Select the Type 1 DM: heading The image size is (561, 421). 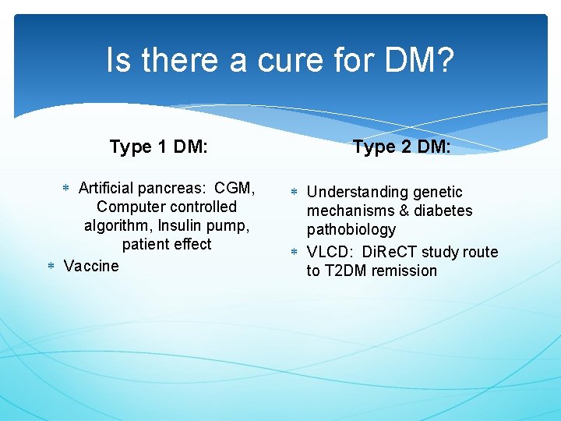click(x=158, y=147)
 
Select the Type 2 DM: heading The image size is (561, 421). click(x=401, y=147)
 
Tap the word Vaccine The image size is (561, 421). click(x=91, y=266)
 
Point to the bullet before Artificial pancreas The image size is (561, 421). click(x=66, y=189)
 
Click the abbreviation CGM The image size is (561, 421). click(x=234, y=188)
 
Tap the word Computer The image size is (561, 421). click(x=128, y=207)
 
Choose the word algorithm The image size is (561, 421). click(x=118, y=225)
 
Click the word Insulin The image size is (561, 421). click(x=181, y=225)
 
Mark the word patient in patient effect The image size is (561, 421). click(x=146, y=244)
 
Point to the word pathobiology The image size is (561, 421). click(x=351, y=230)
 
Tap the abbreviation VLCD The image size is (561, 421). click(x=331, y=252)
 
